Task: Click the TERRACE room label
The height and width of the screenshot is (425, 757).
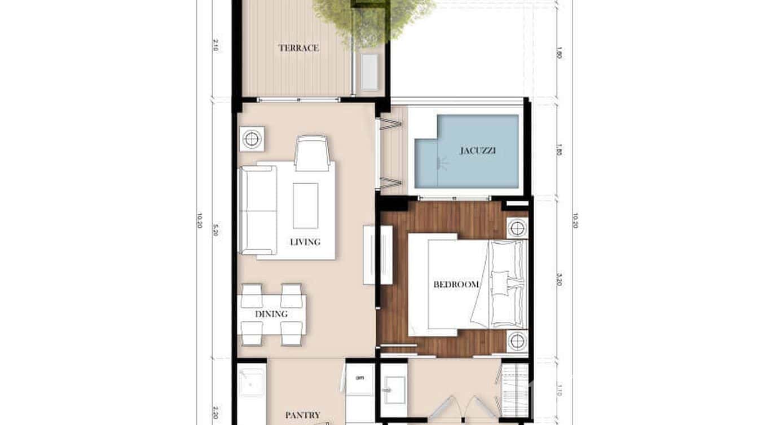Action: point(298,48)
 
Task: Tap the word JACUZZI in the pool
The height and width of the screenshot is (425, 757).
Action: point(478,151)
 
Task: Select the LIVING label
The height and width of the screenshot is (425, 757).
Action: point(305,242)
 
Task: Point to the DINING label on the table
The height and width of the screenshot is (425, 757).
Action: point(271,314)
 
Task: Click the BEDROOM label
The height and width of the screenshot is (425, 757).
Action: point(456,284)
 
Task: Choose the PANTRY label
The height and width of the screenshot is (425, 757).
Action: point(303,415)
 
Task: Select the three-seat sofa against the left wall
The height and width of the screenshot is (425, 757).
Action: point(257,210)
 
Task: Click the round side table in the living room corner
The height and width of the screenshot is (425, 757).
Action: point(252,138)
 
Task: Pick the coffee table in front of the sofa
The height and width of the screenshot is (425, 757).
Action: point(305,205)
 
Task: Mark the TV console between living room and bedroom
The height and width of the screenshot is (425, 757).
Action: point(378,255)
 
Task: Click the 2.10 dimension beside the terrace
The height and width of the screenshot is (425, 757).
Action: point(215,46)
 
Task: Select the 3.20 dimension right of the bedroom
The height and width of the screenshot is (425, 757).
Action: point(558,280)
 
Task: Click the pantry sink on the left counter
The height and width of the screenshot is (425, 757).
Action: point(251,383)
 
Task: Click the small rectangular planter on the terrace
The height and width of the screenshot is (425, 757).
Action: point(369,72)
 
